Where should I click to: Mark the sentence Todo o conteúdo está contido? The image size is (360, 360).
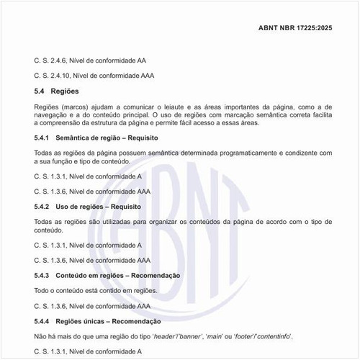tap(95, 290)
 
